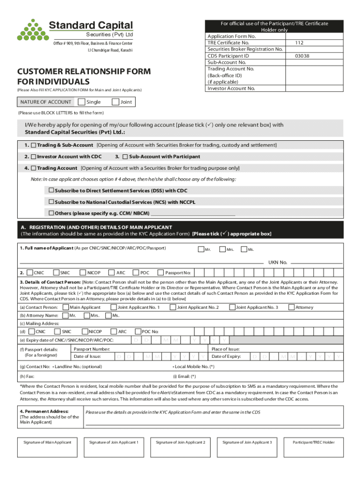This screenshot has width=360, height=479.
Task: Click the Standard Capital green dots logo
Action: [x=32, y=30]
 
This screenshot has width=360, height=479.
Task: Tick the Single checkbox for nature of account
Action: [x=82, y=102]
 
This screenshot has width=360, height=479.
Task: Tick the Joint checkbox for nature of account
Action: [x=115, y=102]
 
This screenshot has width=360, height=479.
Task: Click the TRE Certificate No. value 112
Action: [x=299, y=43]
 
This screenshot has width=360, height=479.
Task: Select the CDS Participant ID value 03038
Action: [x=302, y=56]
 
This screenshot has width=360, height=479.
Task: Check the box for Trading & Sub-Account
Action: [x=34, y=145]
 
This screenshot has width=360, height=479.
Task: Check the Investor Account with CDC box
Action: [x=34, y=156]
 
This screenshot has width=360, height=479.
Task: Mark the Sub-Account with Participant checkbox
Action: [x=125, y=156]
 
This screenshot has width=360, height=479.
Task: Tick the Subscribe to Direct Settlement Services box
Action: [x=51, y=190]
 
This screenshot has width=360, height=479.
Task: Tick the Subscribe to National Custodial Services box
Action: [x=51, y=202]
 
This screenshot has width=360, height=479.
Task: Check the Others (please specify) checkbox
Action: [x=51, y=213]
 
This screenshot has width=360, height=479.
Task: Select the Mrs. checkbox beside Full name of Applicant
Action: [x=222, y=249]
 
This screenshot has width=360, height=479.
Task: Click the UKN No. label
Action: [x=277, y=262]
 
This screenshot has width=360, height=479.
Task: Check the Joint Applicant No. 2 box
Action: [x=173, y=307]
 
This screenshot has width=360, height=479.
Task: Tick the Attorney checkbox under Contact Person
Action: [x=291, y=307]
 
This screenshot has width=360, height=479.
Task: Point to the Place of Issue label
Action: [x=226, y=349]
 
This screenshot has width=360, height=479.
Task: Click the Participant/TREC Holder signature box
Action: [x=313, y=448]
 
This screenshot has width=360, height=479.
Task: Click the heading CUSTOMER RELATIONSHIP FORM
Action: [x=84, y=72]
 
